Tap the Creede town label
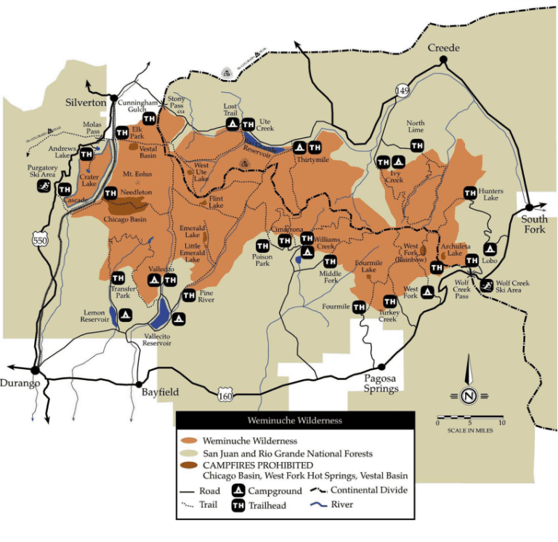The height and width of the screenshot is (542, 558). point(444,48)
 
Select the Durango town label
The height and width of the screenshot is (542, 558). point(20,384)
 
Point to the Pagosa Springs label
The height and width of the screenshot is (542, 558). point(381,384)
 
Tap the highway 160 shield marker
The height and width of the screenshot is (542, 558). point(227,393)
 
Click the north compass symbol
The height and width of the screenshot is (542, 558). point(469,395)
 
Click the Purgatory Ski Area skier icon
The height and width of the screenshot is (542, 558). point(44,186)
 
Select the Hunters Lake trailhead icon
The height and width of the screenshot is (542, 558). point(470,193)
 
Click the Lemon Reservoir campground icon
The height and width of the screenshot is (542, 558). point(124,315)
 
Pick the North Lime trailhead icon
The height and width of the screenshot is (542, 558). point(417,146)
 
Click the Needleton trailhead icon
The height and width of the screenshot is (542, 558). point(110,193)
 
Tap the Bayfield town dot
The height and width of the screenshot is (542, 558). point(138,384)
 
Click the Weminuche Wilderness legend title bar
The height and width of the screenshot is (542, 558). point(295,420)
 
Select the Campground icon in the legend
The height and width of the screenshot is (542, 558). point(238,490)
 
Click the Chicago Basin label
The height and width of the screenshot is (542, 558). point(124,219)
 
